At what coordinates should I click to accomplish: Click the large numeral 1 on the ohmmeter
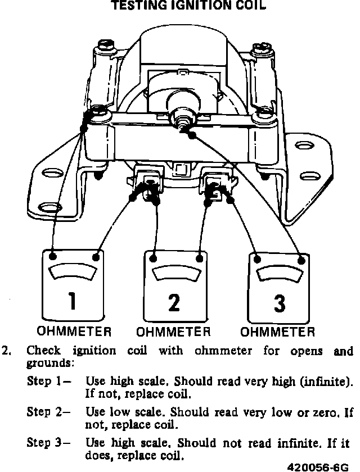(71, 302)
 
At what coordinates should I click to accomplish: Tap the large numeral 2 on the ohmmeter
(174, 302)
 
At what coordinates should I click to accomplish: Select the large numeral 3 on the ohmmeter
(279, 303)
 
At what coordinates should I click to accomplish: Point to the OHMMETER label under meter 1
(74, 331)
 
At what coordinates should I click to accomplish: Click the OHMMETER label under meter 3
(278, 331)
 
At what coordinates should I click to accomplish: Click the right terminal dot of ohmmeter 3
(303, 260)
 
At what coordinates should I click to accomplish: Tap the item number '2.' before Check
(7, 351)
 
